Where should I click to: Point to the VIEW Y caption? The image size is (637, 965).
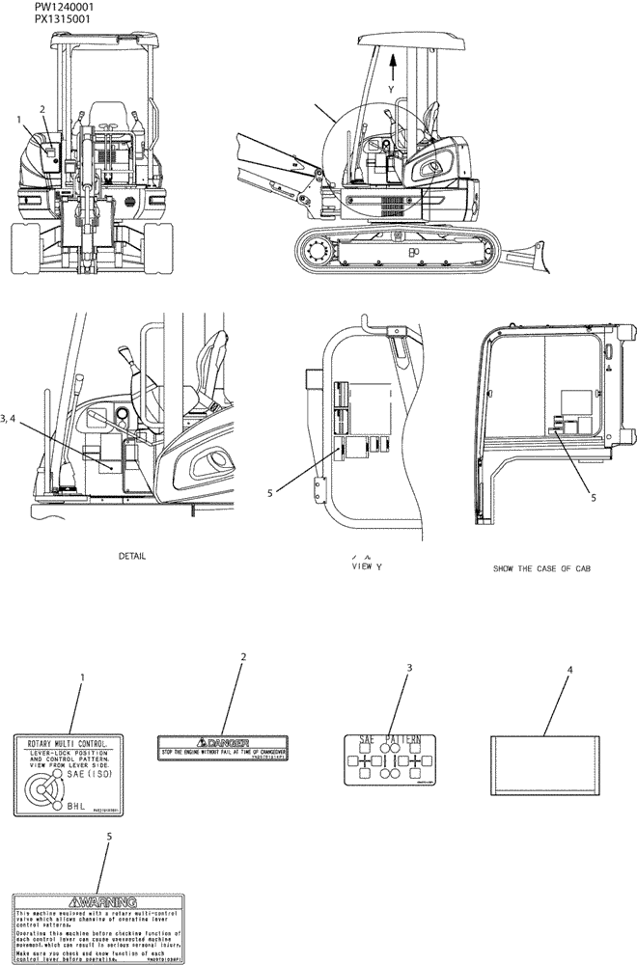[367, 567]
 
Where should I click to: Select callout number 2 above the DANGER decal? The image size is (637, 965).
[243, 656]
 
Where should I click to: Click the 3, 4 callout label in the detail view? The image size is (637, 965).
[16, 418]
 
